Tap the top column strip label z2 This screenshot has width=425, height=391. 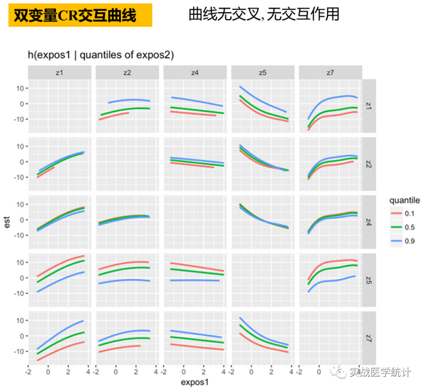click(x=127, y=72)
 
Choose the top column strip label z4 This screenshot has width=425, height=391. click(x=195, y=72)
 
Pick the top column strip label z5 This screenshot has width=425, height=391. click(x=263, y=72)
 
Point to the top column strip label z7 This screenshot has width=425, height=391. click(x=330, y=72)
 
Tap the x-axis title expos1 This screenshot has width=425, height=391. click(x=195, y=382)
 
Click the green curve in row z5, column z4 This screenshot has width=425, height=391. click(x=195, y=271)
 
